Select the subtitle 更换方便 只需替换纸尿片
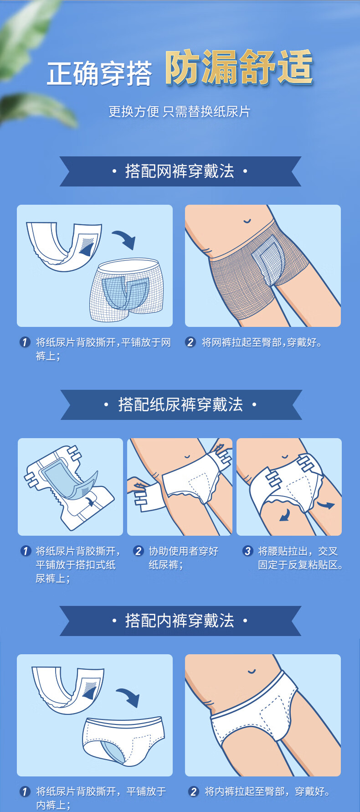click(x=180, y=111)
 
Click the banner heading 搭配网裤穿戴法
click(x=180, y=171)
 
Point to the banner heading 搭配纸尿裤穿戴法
click(x=180, y=404)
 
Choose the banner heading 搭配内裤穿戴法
click(x=180, y=621)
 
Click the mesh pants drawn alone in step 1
click(x=126, y=290)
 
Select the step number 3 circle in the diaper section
click(x=247, y=551)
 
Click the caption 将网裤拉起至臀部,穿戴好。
click(x=262, y=342)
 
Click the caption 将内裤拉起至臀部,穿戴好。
click(x=267, y=791)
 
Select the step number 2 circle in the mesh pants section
click(x=190, y=342)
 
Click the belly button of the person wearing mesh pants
click(x=247, y=222)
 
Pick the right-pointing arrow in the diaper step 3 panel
click(x=326, y=505)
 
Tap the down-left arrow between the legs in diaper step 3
click(x=285, y=515)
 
